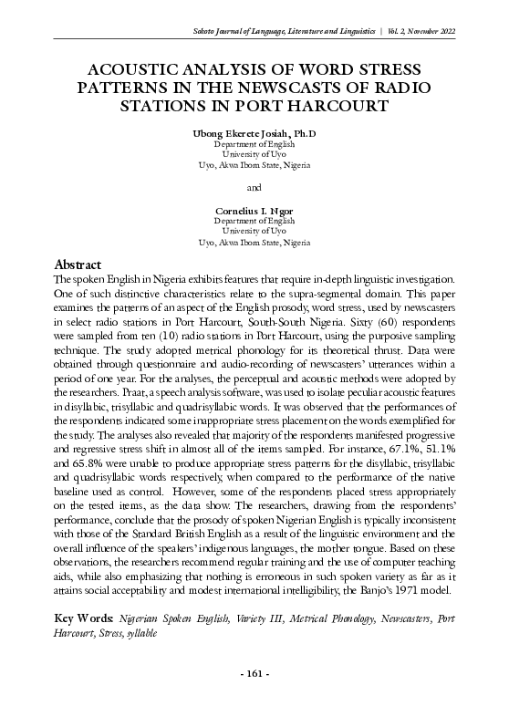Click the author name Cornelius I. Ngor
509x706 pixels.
coord(254,211)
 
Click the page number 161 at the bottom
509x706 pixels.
coord(254,674)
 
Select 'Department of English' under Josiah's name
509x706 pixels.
coord(254,145)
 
